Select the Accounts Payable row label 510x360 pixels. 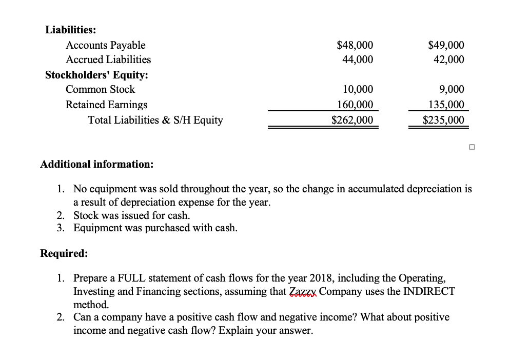pos(105,45)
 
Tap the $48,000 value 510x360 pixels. pos(355,45)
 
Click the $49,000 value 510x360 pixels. pos(446,45)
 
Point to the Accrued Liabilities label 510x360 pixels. pos(108,59)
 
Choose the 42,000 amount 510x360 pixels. pos(449,59)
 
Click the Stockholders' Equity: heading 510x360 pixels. pos(97,75)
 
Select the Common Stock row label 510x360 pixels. pos(100,89)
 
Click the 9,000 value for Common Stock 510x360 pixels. pos(452,89)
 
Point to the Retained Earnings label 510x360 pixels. pos(106,105)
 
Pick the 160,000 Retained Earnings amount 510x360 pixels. pos(355,105)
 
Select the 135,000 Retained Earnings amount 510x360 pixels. pos(446,105)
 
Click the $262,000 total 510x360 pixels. pos(352,121)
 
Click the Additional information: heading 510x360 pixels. pos(96,165)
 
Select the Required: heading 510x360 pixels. pos(64,253)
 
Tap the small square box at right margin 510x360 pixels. pos(472,148)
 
